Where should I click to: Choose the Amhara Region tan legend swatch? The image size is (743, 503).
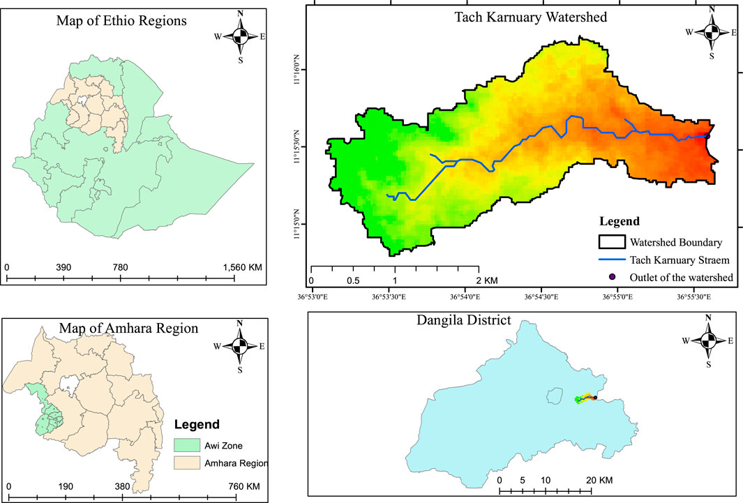pyautogui.click(x=182, y=463)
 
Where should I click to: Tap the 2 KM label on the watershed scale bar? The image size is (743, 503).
pyautogui.click(x=486, y=280)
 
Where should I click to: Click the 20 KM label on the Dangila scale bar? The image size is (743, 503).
pyautogui.click(x=599, y=480)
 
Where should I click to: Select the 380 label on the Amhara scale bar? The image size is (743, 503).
pyautogui.click(x=121, y=486)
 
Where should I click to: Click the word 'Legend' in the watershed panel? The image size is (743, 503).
pyautogui.click(x=620, y=222)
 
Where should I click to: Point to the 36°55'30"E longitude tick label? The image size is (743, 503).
pyautogui.click(x=696, y=296)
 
